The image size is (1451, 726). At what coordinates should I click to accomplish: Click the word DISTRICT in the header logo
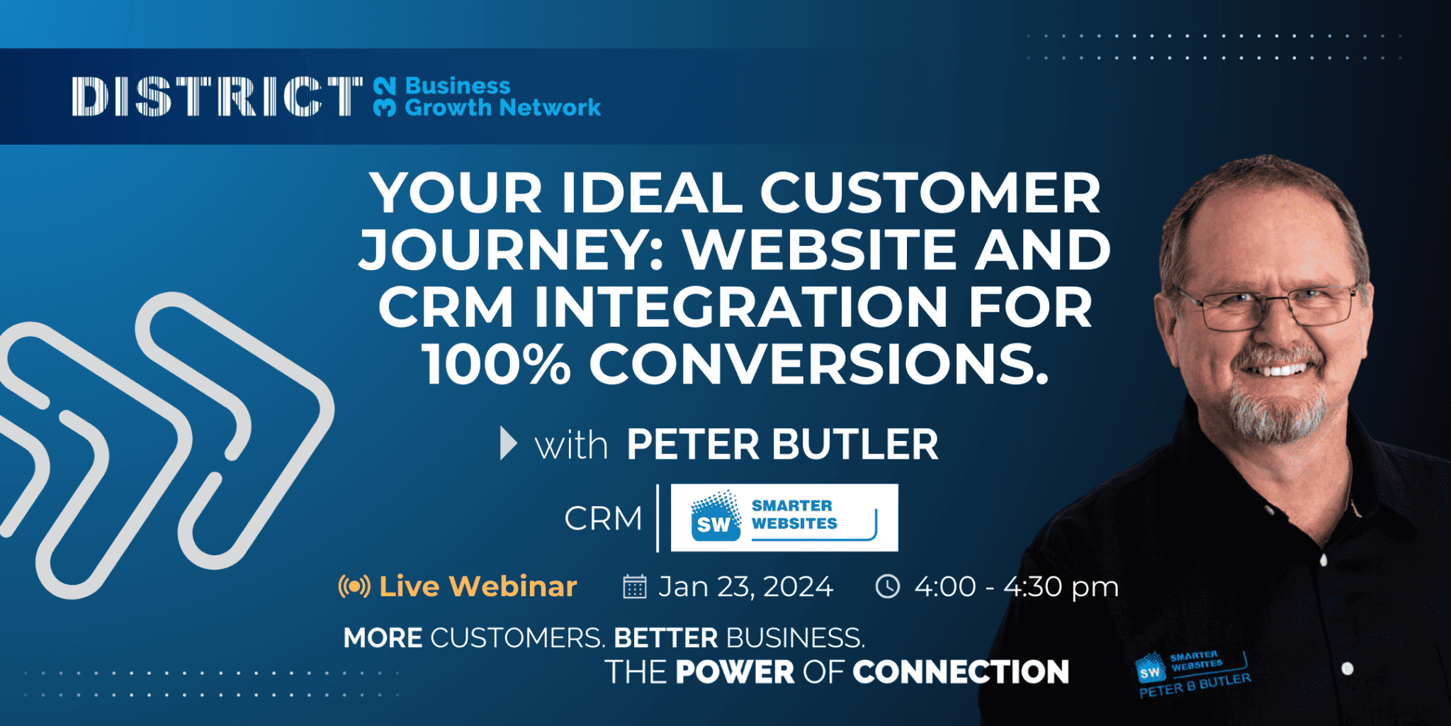pyautogui.click(x=216, y=96)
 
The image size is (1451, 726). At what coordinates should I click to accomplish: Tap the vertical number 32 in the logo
pyautogui.click(x=385, y=97)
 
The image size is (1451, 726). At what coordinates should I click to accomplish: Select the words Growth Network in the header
pyautogui.click(x=502, y=108)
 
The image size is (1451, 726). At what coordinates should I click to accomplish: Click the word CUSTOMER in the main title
pyautogui.click(x=930, y=193)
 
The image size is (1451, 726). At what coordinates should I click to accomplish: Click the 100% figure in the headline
pyautogui.click(x=497, y=364)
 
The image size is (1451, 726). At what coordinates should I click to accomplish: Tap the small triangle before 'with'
pyautogui.click(x=507, y=444)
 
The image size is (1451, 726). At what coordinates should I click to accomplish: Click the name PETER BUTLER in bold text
pyautogui.click(x=782, y=445)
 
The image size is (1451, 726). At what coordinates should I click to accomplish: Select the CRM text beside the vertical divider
pyautogui.click(x=603, y=518)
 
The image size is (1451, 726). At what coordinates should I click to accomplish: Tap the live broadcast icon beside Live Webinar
pyautogui.click(x=354, y=586)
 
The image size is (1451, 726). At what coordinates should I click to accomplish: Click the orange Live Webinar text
pyautogui.click(x=478, y=586)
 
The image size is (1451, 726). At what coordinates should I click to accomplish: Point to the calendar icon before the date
pyautogui.click(x=634, y=587)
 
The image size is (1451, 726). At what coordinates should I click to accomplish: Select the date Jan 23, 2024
pyautogui.click(x=745, y=587)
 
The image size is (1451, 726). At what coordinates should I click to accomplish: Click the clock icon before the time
pyautogui.click(x=887, y=586)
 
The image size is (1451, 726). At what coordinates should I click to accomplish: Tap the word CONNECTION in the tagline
pyautogui.click(x=961, y=672)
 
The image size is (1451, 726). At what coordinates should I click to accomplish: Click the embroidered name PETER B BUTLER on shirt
pyautogui.click(x=1195, y=686)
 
